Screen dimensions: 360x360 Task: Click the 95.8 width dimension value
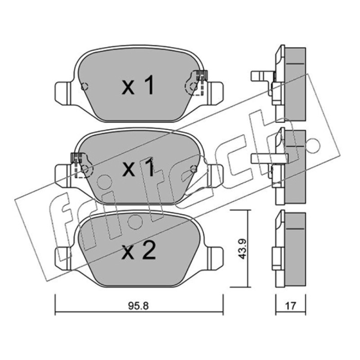coord(139,306)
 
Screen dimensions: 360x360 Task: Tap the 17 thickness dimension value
coord(290,306)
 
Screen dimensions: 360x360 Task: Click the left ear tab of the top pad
coord(63,94)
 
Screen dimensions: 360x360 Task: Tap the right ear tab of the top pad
coord(215,94)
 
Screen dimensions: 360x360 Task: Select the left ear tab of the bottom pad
coord(63,258)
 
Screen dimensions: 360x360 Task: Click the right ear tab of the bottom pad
coord(215,258)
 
